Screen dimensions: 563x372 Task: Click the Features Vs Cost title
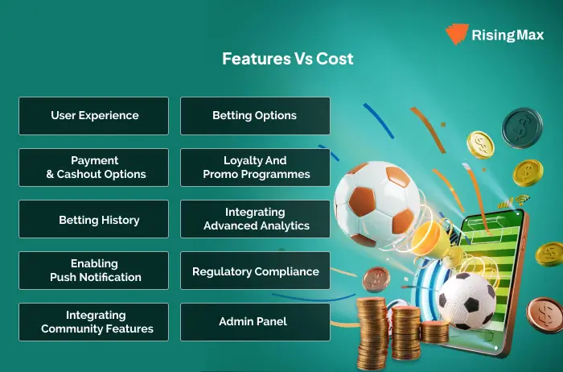tap(288, 59)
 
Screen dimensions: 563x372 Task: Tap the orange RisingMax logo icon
tap(457, 34)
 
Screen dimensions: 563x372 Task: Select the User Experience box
tap(94, 116)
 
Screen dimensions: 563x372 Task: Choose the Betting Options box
tap(255, 116)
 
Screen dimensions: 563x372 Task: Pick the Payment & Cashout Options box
tap(94, 167)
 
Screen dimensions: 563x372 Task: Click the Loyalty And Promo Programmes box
tap(255, 167)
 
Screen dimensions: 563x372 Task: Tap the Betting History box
tap(94, 219)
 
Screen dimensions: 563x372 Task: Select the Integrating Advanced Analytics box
tap(255, 219)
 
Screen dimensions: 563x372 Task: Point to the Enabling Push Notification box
tap(94, 271)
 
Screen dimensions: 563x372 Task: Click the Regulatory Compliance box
tap(255, 271)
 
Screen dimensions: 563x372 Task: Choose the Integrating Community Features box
tap(94, 322)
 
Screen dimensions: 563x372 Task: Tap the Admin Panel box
tap(255, 322)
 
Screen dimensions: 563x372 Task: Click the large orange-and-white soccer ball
tap(376, 205)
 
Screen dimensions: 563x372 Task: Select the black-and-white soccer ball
tap(466, 301)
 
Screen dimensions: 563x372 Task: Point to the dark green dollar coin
tap(522, 128)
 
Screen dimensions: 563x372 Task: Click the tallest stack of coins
tap(372, 333)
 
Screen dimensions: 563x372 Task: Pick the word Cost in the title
tap(335, 59)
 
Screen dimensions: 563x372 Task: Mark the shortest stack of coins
tap(434, 332)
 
